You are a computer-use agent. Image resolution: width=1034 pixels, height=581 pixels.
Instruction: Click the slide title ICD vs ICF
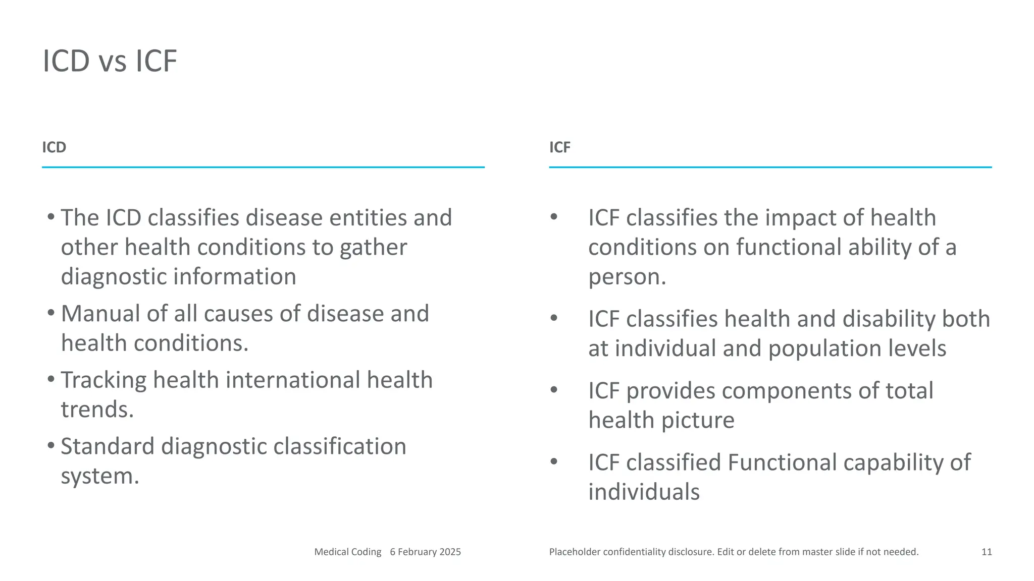[110, 61]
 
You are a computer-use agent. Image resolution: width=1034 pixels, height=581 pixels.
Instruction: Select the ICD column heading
[54, 147]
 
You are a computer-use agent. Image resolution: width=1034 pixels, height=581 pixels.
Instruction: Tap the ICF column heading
[559, 147]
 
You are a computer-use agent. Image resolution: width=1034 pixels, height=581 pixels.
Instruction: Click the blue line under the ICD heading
[263, 167]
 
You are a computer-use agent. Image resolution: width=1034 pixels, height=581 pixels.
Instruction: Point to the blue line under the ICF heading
[770, 167]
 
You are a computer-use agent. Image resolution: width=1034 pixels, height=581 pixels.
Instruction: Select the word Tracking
[104, 380]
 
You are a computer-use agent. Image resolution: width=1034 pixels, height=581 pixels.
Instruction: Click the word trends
[97, 410]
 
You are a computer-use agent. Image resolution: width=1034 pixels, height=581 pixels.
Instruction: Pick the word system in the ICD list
[98, 476]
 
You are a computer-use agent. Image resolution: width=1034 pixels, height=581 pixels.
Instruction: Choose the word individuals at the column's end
[644, 492]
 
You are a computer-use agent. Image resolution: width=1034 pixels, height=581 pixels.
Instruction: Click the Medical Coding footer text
[347, 552]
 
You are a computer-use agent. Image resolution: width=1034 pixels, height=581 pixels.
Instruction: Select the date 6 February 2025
[425, 552]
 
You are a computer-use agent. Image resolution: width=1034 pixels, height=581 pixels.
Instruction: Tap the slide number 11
[987, 552]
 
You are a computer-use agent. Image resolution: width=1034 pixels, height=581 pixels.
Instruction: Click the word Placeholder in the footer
[575, 552]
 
